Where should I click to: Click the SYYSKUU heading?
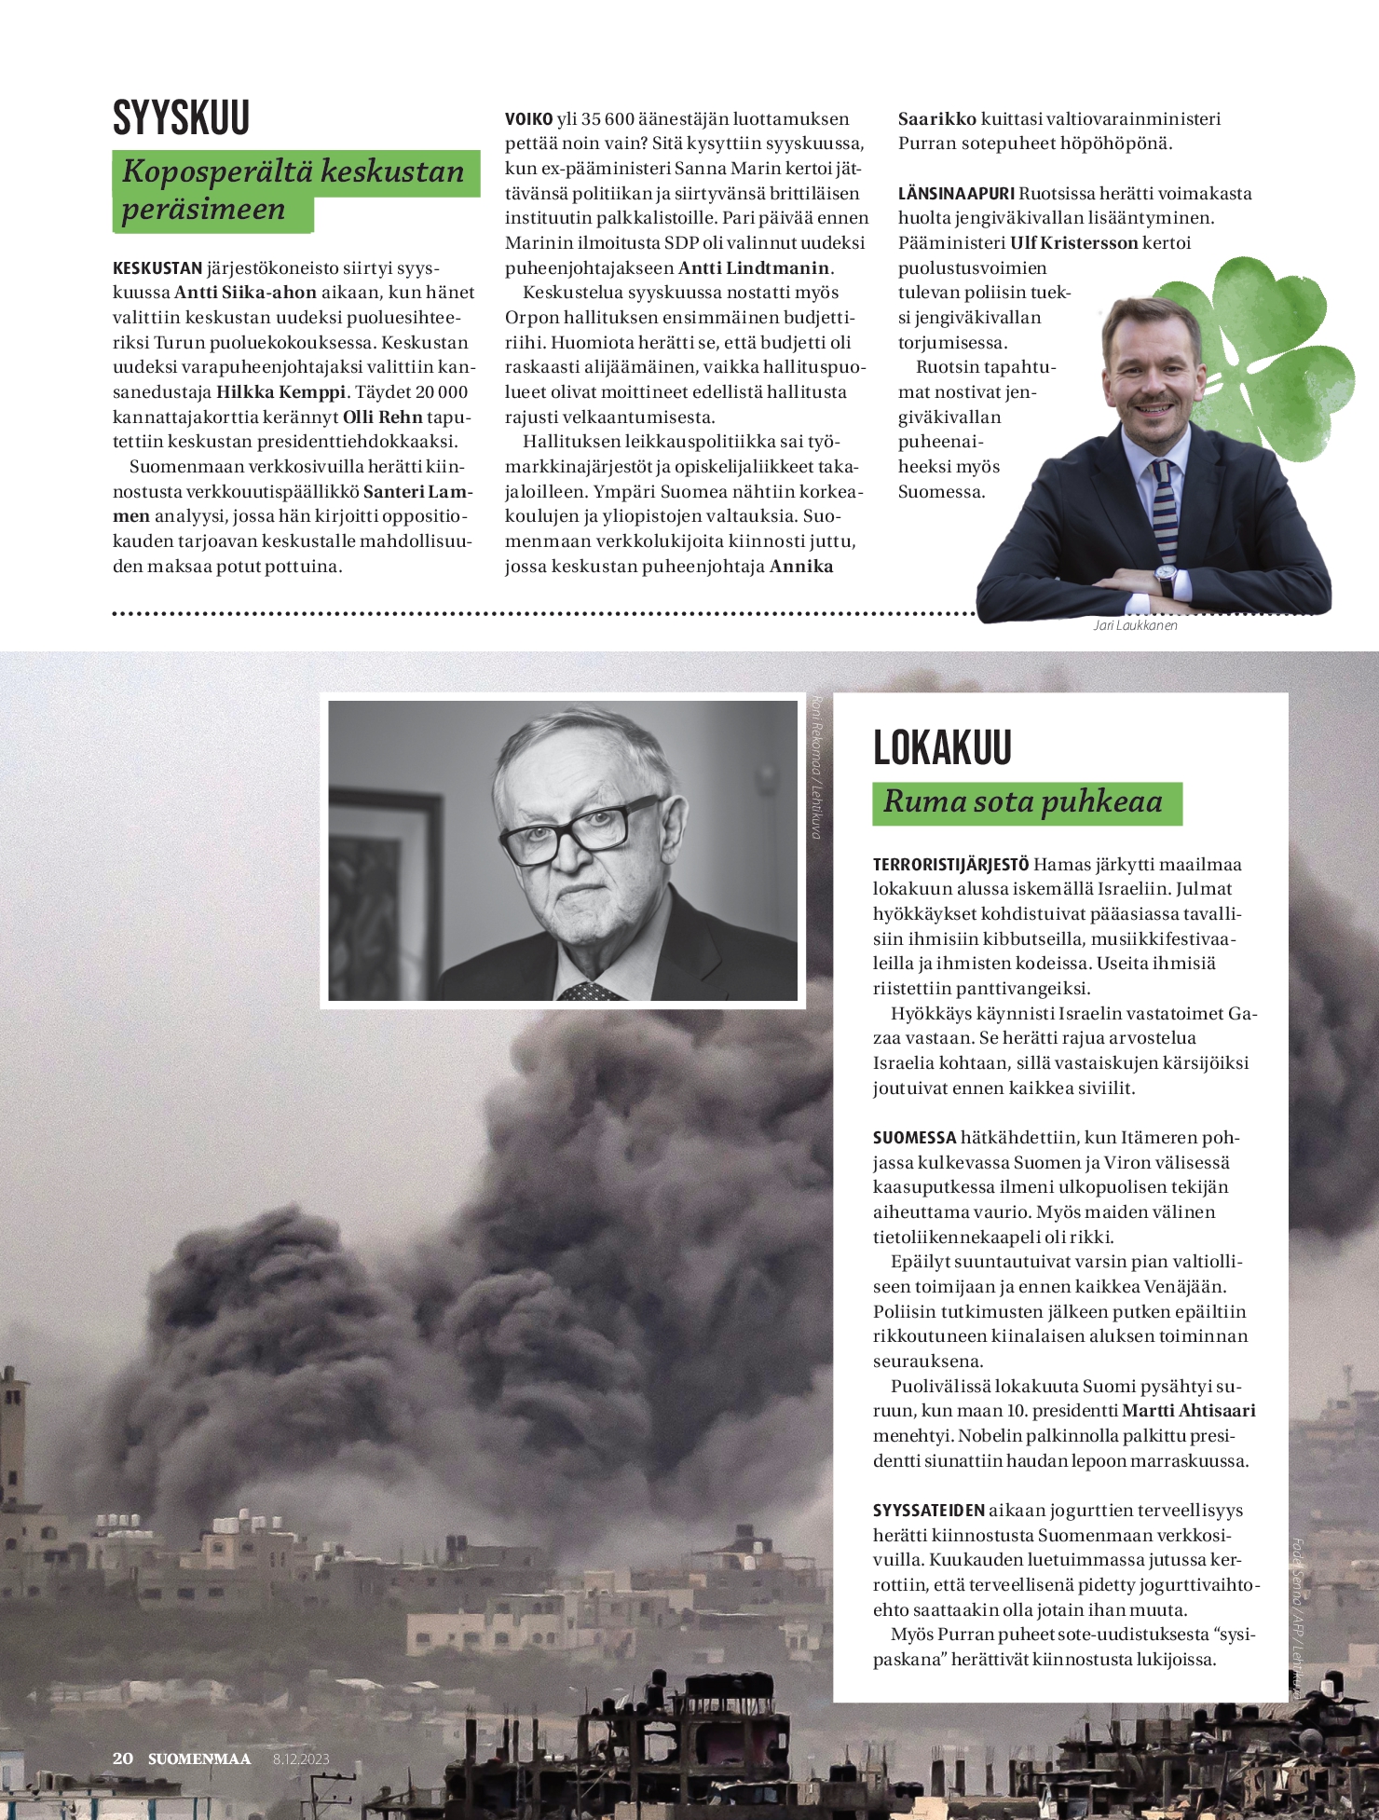(x=182, y=118)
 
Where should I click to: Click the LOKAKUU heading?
(x=942, y=747)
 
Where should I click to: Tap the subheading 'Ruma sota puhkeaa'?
(x=1023, y=802)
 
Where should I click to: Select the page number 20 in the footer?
(x=122, y=1758)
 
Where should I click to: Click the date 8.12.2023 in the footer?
(x=301, y=1759)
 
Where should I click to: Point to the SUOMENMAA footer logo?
(x=199, y=1759)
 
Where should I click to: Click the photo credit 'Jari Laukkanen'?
(x=1135, y=625)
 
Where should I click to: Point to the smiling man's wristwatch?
(x=1166, y=579)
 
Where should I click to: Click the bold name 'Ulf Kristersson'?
(x=1073, y=243)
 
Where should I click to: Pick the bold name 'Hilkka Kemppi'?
(x=280, y=392)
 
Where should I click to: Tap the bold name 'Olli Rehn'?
(x=383, y=417)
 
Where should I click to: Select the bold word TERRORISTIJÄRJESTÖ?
(x=950, y=865)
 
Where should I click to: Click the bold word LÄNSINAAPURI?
(x=956, y=194)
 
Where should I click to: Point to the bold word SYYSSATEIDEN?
(x=928, y=1511)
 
